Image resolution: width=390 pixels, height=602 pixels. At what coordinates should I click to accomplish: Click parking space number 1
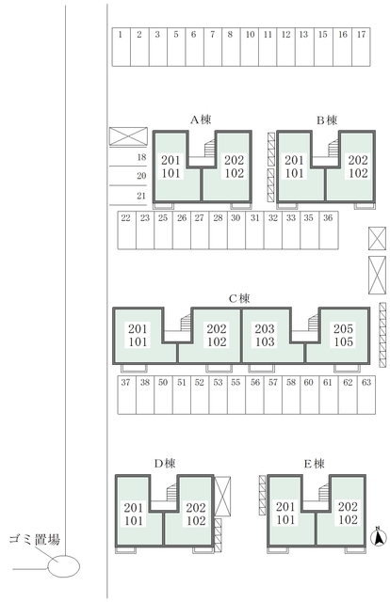pyautogui.click(x=122, y=47)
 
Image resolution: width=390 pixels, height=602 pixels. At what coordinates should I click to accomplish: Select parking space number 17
pyautogui.click(x=361, y=47)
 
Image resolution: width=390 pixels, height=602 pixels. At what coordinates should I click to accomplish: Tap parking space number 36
pyautogui.click(x=329, y=230)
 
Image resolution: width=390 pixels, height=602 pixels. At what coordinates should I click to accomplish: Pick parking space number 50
pyautogui.click(x=163, y=395)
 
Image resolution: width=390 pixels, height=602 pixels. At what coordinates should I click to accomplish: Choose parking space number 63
pyautogui.click(x=366, y=395)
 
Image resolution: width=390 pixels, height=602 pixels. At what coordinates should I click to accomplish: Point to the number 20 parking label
pyautogui.click(x=141, y=176)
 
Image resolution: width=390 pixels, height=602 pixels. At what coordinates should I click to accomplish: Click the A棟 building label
pyautogui.click(x=201, y=119)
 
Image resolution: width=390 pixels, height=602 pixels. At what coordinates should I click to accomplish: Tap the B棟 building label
pyautogui.click(x=327, y=120)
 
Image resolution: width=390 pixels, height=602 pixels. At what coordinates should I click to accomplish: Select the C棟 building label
pyautogui.click(x=239, y=298)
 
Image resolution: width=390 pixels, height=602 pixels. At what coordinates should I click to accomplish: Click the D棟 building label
pyautogui.click(x=165, y=464)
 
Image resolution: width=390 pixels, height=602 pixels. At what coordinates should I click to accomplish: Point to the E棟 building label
pyautogui.click(x=315, y=464)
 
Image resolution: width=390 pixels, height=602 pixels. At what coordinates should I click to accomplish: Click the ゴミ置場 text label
pyautogui.click(x=35, y=539)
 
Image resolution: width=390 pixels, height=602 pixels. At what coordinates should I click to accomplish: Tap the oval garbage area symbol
pyautogui.click(x=63, y=566)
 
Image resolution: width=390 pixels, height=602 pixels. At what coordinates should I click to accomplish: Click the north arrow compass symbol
pyautogui.click(x=379, y=537)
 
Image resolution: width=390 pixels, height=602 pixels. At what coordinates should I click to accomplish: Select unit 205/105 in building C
pyautogui.click(x=343, y=335)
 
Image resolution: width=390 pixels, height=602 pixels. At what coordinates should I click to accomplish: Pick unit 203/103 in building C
pyautogui.click(x=265, y=335)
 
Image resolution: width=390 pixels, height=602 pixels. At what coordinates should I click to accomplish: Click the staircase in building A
pyautogui.click(x=210, y=149)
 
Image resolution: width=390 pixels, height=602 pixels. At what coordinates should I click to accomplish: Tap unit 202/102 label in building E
pyautogui.click(x=348, y=514)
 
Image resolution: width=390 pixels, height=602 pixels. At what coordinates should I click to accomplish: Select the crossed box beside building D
pyautogui.click(x=222, y=497)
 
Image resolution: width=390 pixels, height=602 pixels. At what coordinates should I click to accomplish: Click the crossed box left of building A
pyautogui.click(x=128, y=136)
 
